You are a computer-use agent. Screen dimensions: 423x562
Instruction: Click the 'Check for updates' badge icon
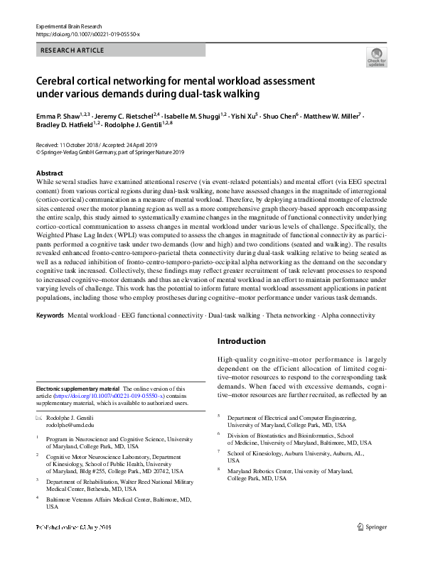coord(376,58)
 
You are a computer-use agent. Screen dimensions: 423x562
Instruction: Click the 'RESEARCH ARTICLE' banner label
coord(73,50)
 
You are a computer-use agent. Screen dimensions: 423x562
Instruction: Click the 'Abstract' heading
coord(49,173)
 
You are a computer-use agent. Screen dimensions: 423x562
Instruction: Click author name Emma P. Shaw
coord(57,114)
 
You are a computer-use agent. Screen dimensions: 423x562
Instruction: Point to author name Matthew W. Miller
coord(333,114)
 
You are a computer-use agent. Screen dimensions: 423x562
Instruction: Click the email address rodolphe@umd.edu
coord(70,426)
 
